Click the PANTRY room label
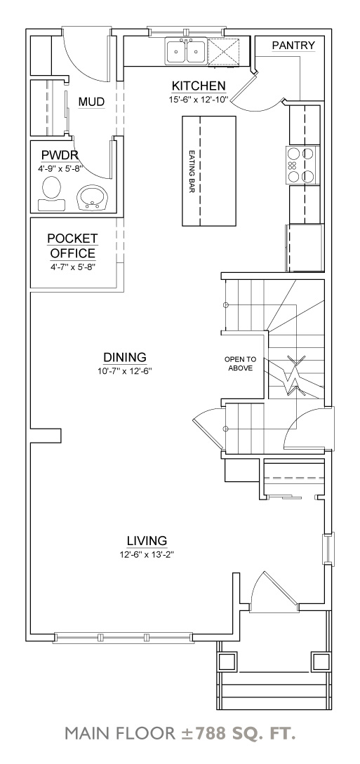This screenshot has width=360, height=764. pyautogui.click(x=293, y=46)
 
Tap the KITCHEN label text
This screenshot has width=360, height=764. pyautogui.click(x=199, y=86)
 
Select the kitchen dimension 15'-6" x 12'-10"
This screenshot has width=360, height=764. pyautogui.click(x=199, y=100)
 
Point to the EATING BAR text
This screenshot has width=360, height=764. pyautogui.click(x=191, y=171)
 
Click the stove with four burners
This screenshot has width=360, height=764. pyautogui.click(x=302, y=163)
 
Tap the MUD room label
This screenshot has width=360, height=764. pyautogui.click(x=91, y=102)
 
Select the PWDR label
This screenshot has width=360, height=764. pyautogui.click(x=59, y=155)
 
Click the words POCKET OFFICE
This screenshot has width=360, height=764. pyautogui.click(x=72, y=246)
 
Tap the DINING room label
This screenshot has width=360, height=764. pyautogui.click(x=124, y=356)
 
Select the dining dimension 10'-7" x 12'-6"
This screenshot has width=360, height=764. pyautogui.click(x=124, y=370)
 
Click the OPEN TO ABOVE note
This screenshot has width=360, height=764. pyautogui.click(x=240, y=363)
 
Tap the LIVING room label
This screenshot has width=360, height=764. pyautogui.click(x=147, y=540)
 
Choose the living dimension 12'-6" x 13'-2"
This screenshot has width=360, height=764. pyautogui.click(x=147, y=554)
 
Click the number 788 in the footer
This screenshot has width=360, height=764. pyautogui.click(x=209, y=734)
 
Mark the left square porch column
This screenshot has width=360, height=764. pyautogui.click(x=227, y=661)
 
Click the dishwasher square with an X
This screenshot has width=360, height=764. pyautogui.click(x=226, y=51)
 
